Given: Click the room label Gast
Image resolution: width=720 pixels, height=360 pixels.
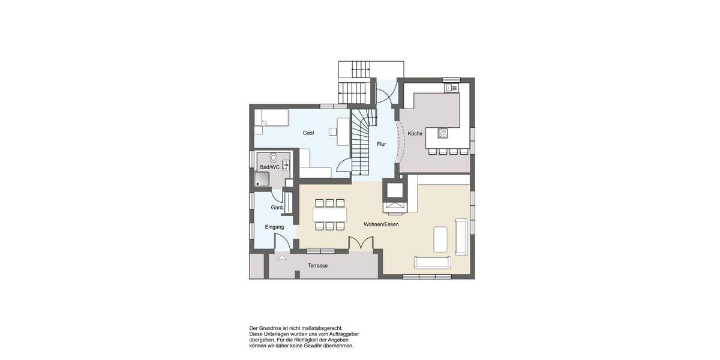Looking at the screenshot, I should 308,133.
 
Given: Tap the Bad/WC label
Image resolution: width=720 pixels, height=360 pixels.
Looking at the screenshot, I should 269,167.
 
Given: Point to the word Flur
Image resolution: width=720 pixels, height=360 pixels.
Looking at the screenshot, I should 381,144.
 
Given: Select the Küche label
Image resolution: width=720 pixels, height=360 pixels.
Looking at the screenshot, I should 415,133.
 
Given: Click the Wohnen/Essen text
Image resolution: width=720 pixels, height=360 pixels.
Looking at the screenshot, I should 381,224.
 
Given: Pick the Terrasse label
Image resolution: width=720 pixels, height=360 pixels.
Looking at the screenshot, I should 317,265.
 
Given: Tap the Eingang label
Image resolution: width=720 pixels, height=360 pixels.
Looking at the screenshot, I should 274,227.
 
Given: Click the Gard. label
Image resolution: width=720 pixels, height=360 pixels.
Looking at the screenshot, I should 277,208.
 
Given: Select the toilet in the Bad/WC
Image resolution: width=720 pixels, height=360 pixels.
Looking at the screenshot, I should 274,158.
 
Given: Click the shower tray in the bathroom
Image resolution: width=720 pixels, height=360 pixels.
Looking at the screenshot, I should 262,179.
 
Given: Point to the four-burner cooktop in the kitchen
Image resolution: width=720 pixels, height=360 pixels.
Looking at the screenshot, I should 443,133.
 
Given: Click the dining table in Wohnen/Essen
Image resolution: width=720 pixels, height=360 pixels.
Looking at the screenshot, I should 329,214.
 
